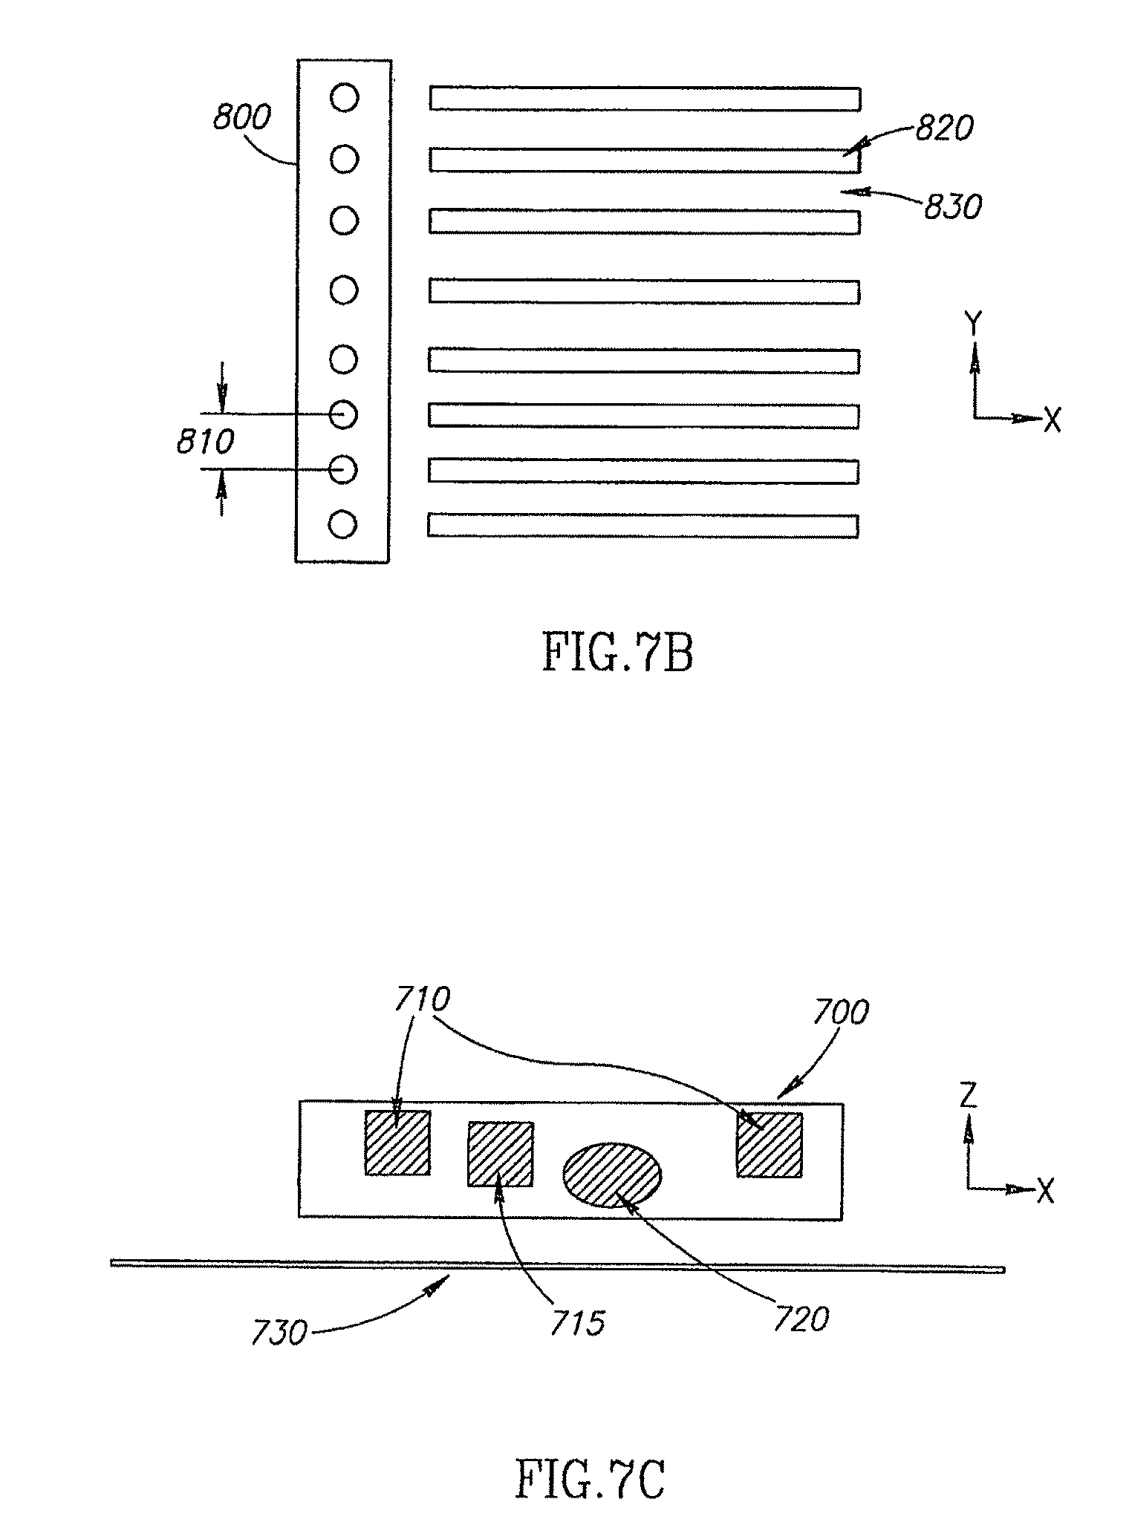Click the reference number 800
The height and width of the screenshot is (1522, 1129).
242,119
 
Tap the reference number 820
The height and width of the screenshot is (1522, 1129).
944,129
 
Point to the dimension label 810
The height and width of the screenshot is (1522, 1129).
205,442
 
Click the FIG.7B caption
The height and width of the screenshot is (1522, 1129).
618,653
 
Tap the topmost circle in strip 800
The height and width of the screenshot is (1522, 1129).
344,97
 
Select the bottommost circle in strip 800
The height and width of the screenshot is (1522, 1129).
343,525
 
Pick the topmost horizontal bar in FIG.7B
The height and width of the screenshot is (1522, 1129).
645,99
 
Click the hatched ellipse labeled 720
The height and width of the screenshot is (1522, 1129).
612,1175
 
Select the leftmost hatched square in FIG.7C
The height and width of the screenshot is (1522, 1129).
397,1143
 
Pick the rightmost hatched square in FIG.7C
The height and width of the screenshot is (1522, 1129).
770,1144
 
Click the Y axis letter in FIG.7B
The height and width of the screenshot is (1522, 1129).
974,324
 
